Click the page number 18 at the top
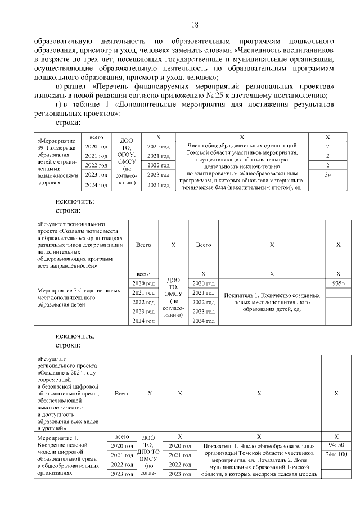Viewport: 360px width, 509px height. (195, 25)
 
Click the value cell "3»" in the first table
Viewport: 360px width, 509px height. (327, 175)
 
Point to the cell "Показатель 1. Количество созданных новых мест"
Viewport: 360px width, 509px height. (272, 299)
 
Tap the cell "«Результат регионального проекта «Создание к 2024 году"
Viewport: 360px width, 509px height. (69, 394)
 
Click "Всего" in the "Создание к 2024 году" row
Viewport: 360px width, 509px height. (122, 394)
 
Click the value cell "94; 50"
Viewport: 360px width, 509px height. (336, 445)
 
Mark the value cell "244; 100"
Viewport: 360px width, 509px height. (336, 454)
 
